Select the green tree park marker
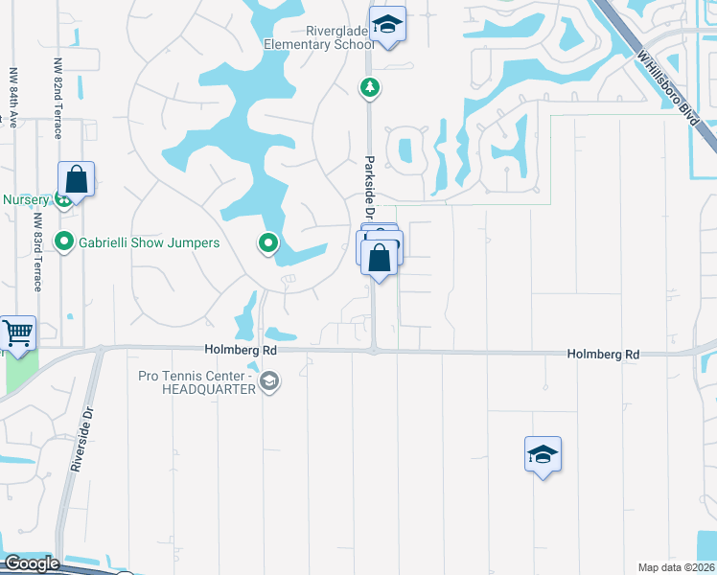click(x=369, y=89)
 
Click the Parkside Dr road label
click(x=368, y=187)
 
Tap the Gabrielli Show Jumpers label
click(x=150, y=242)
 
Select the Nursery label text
click(x=26, y=199)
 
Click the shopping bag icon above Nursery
click(x=77, y=179)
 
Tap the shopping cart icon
click(x=17, y=333)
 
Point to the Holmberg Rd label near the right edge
click(x=603, y=355)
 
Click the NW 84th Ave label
click(x=13, y=97)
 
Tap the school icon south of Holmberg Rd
click(x=543, y=455)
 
